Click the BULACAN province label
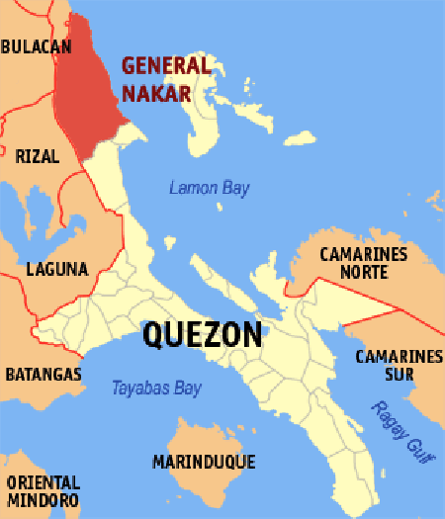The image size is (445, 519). (36, 46)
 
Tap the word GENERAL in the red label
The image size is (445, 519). (166, 66)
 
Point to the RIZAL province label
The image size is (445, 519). (38, 155)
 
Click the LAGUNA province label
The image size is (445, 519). (57, 268)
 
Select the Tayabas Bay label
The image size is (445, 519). (156, 389)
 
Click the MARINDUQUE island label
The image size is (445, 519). (204, 462)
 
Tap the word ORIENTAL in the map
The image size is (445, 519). (43, 482)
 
